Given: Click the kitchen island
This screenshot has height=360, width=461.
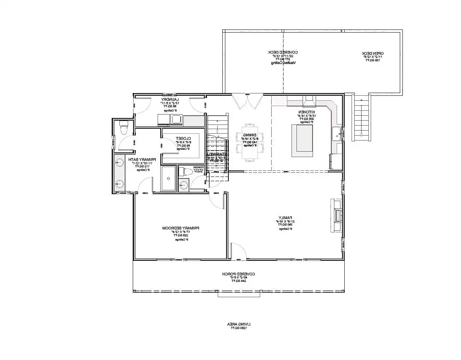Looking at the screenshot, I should [x=303, y=140].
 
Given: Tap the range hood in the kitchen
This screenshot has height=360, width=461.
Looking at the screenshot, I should [x=309, y=101].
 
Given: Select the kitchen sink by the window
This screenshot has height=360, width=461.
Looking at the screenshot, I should [x=336, y=134].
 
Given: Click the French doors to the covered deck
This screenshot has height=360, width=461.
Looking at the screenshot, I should [x=248, y=101].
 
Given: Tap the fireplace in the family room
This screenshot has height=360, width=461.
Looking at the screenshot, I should [x=335, y=215].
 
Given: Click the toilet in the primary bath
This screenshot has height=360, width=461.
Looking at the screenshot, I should [x=123, y=128].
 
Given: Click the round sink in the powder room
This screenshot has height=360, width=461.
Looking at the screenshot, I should [x=183, y=185].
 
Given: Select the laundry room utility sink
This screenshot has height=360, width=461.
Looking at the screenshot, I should [x=177, y=119].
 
